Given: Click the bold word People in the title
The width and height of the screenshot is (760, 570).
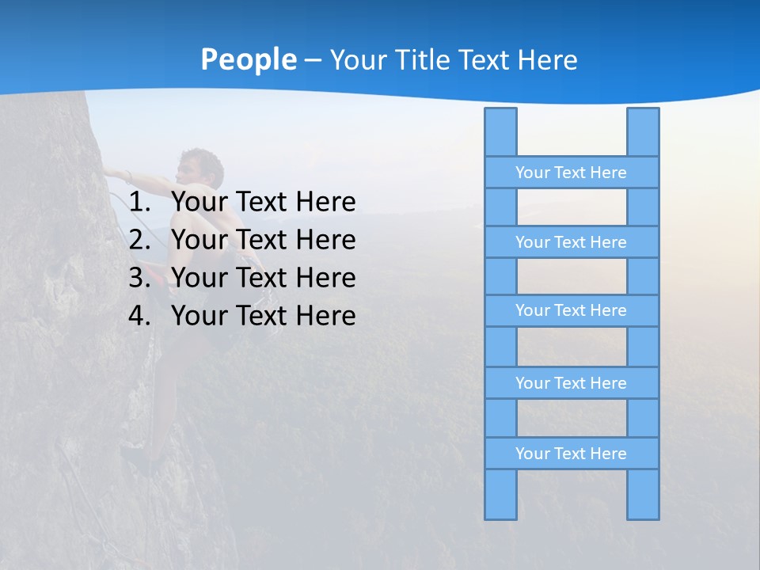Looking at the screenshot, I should click(x=248, y=60).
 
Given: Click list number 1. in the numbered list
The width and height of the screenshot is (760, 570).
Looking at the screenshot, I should click(x=139, y=203).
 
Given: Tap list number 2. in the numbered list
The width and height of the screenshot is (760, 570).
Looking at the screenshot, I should click(x=139, y=240).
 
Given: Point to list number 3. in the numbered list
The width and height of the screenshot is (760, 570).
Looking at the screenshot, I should click(x=139, y=278).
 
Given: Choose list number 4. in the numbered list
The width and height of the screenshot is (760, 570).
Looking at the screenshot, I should click(x=139, y=316).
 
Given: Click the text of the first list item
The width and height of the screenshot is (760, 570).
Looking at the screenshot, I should click(x=263, y=203).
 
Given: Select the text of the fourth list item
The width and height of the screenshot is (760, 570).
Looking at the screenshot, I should click(x=263, y=316).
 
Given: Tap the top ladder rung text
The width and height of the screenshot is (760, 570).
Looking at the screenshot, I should click(x=571, y=173).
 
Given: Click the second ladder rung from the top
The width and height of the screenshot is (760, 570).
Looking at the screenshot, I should click(x=571, y=242).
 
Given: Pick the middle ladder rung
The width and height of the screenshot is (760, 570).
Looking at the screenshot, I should click(x=571, y=310).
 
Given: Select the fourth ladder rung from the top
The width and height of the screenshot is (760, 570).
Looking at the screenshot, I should click(x=571, y=383).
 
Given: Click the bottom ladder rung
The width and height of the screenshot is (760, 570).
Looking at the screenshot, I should click(x=571, y=454).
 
